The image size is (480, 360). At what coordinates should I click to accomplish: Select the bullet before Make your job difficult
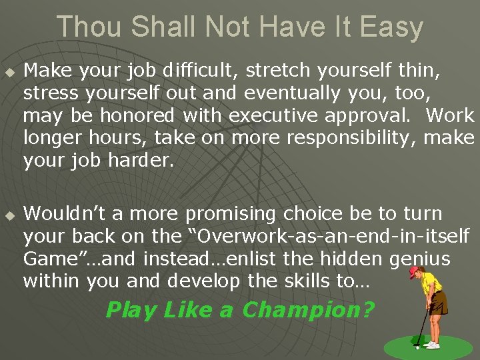click(9, 71)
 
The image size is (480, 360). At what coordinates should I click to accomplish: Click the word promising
click(231, 215)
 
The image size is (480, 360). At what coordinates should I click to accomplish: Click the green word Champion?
click(308, 310)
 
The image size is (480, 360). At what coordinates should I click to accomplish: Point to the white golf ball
click(417, 347)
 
